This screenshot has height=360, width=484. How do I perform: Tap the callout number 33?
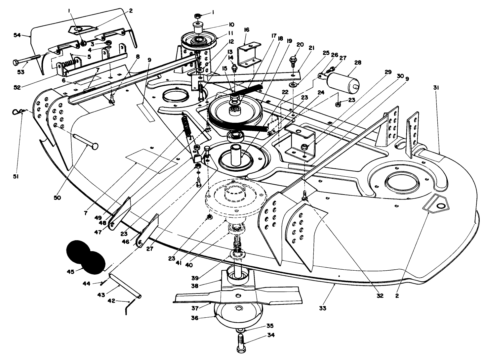point(323,308)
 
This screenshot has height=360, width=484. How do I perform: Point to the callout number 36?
point(199,318)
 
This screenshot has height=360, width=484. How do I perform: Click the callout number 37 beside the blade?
point(195,308)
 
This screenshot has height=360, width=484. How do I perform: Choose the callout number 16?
point(246,30)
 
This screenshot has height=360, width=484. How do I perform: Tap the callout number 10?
point(231,24)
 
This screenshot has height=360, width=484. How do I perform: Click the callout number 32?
point(380,296)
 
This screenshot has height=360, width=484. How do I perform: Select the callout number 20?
point(300,45)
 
